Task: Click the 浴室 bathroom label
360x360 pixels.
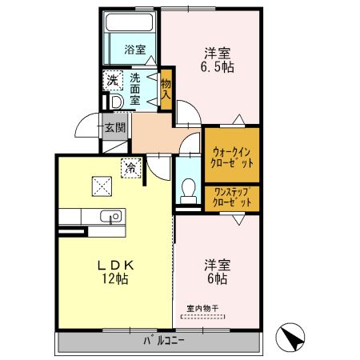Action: click(135, 50)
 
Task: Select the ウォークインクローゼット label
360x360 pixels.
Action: click(232, 155)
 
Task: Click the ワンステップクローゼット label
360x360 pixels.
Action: click(232, 198)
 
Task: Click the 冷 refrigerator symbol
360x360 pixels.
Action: click(130, 169)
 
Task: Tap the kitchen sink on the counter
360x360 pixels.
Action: click(110, 216)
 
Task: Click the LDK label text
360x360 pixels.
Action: click(115, 265)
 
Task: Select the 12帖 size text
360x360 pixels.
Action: click(115, 280)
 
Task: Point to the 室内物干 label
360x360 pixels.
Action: click(203, 309)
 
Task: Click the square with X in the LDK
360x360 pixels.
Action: click(102, 186)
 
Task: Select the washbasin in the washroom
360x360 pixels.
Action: click(114, 102)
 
